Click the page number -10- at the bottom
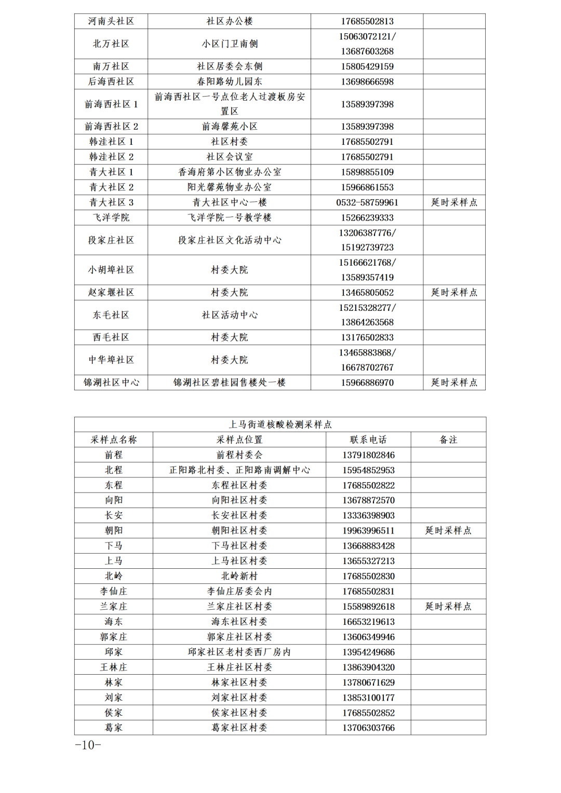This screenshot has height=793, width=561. (x=88, y=745)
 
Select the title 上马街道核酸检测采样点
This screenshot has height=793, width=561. (x=280, y=425)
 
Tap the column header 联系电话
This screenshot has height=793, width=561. (x=368, y=440)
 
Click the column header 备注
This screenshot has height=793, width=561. (x=448, y=440)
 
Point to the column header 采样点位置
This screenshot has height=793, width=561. (x=239, y=440)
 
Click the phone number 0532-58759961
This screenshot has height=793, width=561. (x=367, y=202)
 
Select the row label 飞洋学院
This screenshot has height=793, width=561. (x=111, y=217)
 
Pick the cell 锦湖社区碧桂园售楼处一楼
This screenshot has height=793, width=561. (x=230, y=382)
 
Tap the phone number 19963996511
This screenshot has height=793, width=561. (x=368, y=530)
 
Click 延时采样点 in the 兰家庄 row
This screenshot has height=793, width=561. (x=448, y=606)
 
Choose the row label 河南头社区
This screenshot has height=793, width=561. (x=111, y=21)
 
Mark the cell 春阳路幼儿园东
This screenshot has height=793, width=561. (x=230, y=81)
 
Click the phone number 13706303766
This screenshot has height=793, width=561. (x=368, y=728)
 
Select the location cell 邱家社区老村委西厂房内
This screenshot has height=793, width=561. (x=239, y=652)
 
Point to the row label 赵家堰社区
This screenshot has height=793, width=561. (x=111, y=293)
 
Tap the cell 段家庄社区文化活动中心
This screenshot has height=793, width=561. (x=230, y=240)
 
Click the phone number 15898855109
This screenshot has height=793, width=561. (x=367, y=172)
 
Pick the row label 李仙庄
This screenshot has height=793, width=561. (x=114, y=591)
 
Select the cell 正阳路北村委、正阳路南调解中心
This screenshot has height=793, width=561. (x=239, y=470)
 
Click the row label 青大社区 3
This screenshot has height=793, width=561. (x=111, y=202)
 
